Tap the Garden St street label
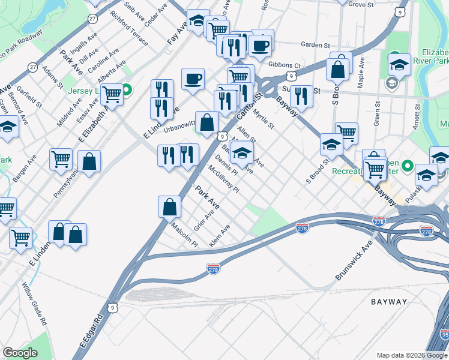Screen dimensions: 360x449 click(x=316, y=45)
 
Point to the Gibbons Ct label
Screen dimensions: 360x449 click(x=285, y=65)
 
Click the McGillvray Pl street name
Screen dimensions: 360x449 click(x=224, y=179)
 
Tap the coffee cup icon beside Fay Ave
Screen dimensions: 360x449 click(x=193, y=78)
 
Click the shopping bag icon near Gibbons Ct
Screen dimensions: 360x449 click(x=338, y=68)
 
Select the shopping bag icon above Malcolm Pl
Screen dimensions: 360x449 click(x=170, y=206)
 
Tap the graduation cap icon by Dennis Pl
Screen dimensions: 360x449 click(x=242, y=152)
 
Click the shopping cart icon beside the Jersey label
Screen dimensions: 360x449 click(x=112, y=93)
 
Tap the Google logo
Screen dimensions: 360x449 click(x=20, y=353)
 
